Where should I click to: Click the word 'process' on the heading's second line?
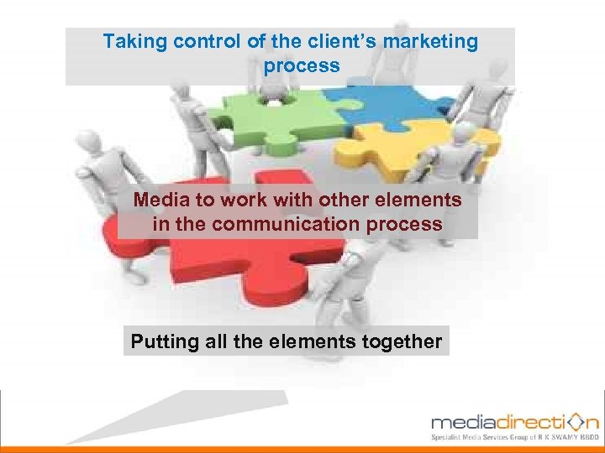[302, 65]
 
